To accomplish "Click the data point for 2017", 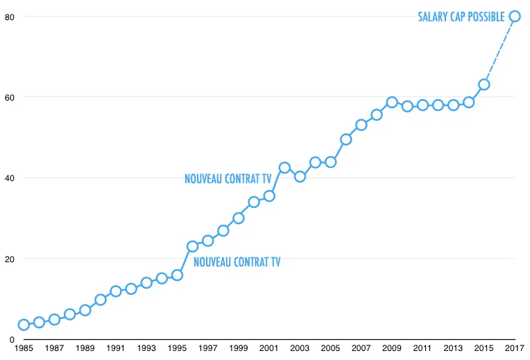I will (515, 16).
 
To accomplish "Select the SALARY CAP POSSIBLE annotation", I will (461, 17).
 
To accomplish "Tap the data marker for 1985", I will (24, 325).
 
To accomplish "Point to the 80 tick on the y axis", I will (8, 16).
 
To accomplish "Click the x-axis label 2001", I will (269, 348).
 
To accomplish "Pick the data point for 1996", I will (192, 246).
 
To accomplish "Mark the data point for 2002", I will (284, 167).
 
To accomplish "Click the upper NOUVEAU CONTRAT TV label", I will (228, 179).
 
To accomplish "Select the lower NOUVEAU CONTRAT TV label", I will (237, 262).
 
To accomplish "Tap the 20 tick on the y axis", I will (8, 259).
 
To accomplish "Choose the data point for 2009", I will (392, 102).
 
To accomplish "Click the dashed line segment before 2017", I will (499, 50).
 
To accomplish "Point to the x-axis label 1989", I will (85, 348).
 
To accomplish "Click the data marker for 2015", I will (484, 85).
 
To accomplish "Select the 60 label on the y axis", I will (8, 97).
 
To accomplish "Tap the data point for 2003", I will (300, 176).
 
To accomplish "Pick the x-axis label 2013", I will (453, 348).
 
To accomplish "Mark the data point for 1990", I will (100, 300).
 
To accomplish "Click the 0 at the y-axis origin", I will (11, 340).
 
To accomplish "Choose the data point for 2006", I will (345, 139).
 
